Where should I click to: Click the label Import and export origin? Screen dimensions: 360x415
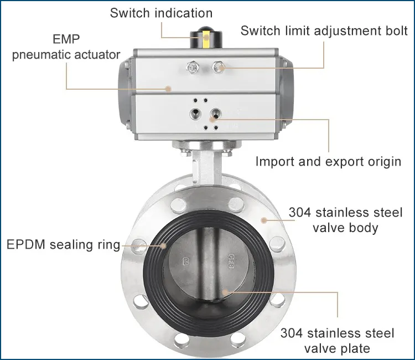pos(328,162)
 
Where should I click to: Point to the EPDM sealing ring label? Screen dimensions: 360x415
pos(63,245)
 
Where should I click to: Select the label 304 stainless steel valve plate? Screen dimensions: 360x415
pos(337,341)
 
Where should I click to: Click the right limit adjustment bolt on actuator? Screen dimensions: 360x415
pos(218,68)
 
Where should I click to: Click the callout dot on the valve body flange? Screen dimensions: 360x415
pos(264,220)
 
